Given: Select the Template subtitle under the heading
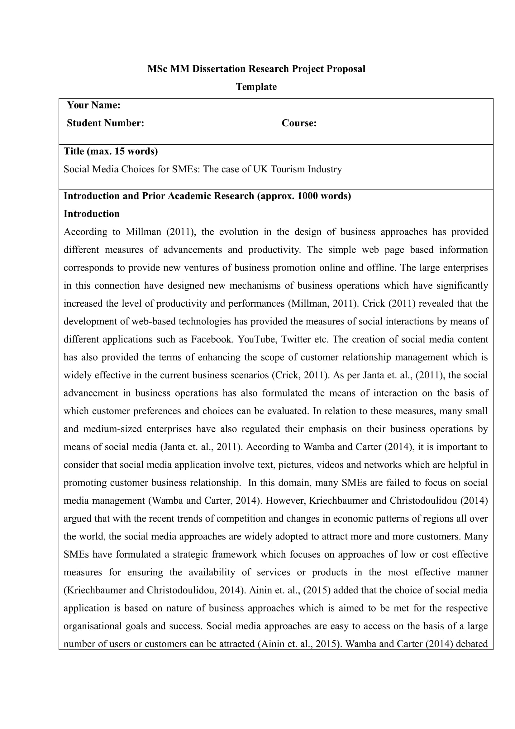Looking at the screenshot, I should (x=256, y=87).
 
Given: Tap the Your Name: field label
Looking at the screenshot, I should (x=93, y=105).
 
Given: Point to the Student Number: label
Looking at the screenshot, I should (x=105, y=123).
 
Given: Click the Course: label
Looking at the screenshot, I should (x=299, y=123).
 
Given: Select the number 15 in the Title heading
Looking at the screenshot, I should (x=120, y=151).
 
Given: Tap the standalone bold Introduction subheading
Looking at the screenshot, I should (x=92, y=214).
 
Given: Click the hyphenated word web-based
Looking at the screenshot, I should (x=154, y=321).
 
